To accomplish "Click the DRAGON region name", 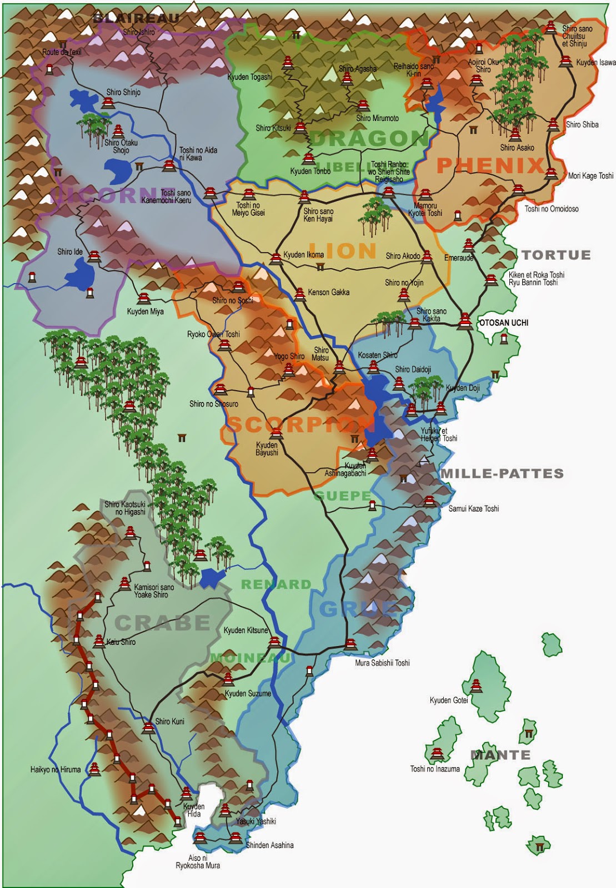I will pos(369,139).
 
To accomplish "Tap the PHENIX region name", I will pos(490,165).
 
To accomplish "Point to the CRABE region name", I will pos(163,623).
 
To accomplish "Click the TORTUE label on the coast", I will pos(556,255).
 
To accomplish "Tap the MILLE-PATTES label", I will pos(502,473).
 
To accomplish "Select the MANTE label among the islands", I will pos(500,755).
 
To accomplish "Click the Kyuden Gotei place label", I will pos(449,700).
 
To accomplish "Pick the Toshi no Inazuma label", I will pos(435,769).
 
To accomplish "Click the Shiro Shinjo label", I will pos(123,92).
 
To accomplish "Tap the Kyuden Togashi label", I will pos(250,77).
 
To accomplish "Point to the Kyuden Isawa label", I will pos(595,63).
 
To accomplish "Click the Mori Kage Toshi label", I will pos(590,176).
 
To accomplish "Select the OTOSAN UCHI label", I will pos(504,322).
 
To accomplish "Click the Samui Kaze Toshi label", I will pos(474,508).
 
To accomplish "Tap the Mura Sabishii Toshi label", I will pos(382,663).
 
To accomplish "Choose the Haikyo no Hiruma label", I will pos(56,770).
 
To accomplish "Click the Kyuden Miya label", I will pos(145,311).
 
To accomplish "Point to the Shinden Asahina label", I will pos(269,845).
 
